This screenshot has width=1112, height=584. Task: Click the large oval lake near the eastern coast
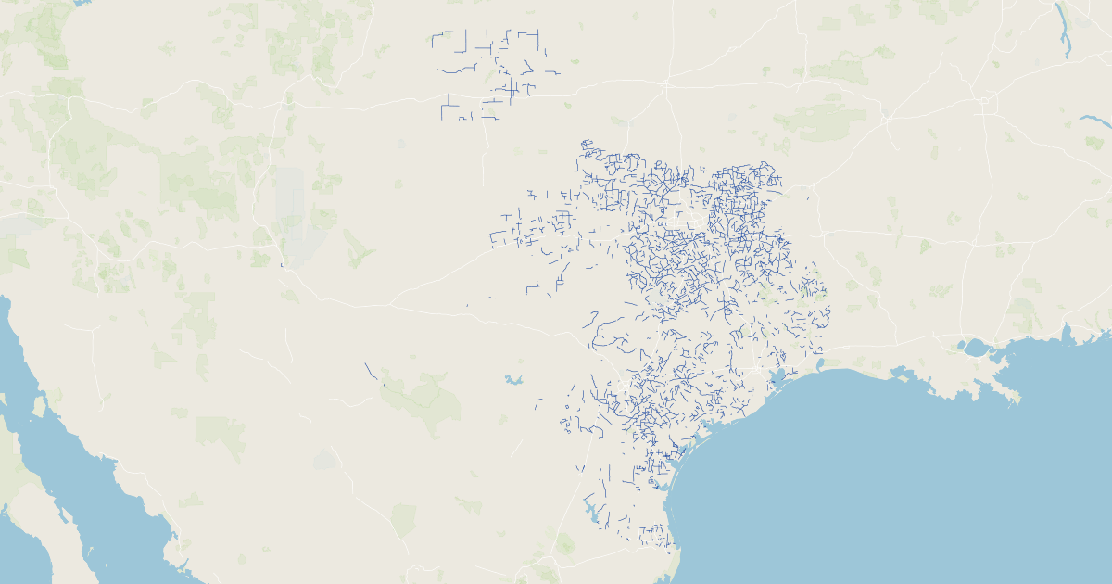pyautogui.click(x=975, y=349)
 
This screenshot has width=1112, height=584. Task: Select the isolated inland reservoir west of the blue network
pyautogui.click(x=513, y=379)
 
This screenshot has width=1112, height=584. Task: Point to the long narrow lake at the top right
pyautogui.click(x=1064, y=28)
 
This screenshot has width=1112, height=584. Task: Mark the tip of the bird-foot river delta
pyautogui.click(x=1017, y=399)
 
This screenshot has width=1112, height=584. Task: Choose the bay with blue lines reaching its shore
pyautogui.click(x=777, y=377)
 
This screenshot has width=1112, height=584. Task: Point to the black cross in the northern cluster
pyautogui.click(x=511, y=88)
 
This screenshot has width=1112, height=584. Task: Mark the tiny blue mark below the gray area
pyautogui.click(x=282, y=266)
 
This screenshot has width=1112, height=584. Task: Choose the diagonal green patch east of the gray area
pyautogui.click(x=357, y=248)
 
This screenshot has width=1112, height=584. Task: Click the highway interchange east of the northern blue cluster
pyautogui.click(x=664, y=84)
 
